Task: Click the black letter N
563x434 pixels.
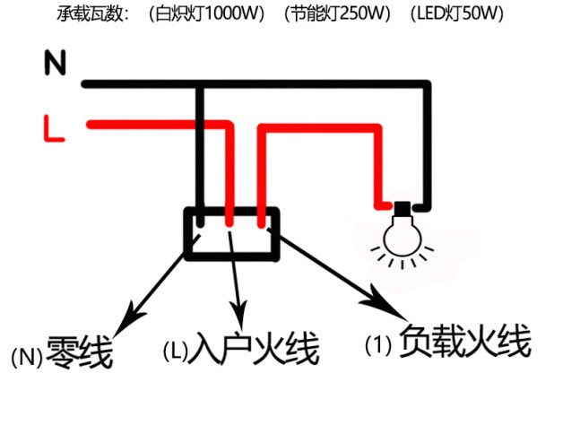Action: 56,62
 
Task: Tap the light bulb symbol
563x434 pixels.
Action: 402,235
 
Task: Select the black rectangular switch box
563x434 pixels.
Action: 232,233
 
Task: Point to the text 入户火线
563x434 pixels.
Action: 256,348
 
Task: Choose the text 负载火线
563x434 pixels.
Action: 465,341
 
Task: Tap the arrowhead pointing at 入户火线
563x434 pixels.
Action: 239,315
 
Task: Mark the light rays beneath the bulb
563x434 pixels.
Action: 402,263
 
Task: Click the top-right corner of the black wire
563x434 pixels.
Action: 430,85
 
